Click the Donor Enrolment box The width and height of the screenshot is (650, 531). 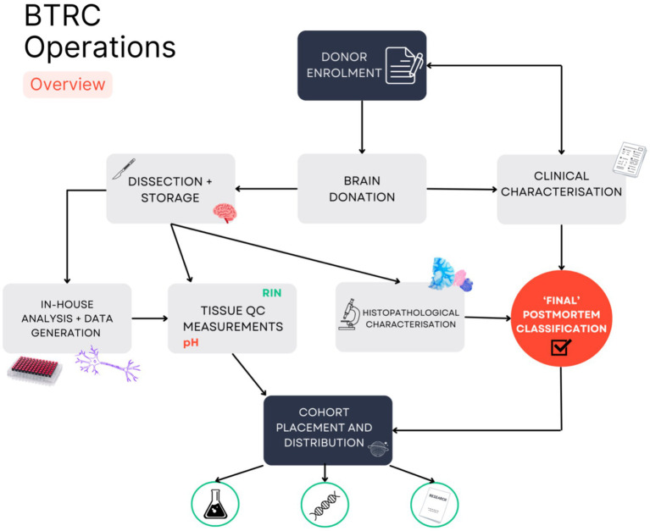click(x=362, y=65)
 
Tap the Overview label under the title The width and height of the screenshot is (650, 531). click(x=68, y=85)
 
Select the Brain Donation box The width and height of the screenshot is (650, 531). click(x=362, y=189)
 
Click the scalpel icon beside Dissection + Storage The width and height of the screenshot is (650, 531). click(x=124, y=169)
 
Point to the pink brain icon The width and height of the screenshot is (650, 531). click(x=225, y=213)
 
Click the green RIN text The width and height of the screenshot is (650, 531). click(x=272, y=293)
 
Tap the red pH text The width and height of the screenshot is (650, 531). click(x=191, y=343)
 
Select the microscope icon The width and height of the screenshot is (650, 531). click(x=348, y=314)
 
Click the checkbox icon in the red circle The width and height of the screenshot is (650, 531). click(x=561, y=347)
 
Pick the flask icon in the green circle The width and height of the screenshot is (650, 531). click(x=215, y=504)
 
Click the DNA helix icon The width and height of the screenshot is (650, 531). click(x=325, y=505)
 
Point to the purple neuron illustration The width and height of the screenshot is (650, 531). click(x=108, y=364)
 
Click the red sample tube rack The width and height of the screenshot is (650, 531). click(x=35, y=369)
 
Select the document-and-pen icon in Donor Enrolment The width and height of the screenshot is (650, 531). click(x=404, y=65)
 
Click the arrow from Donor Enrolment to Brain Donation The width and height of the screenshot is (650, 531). click(x=362, y=127)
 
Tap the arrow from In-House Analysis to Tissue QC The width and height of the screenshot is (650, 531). click(x=150, y=318)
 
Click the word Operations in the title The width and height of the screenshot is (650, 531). click(x=100, y=47)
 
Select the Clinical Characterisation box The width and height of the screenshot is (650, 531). click(x=561, y=190)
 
